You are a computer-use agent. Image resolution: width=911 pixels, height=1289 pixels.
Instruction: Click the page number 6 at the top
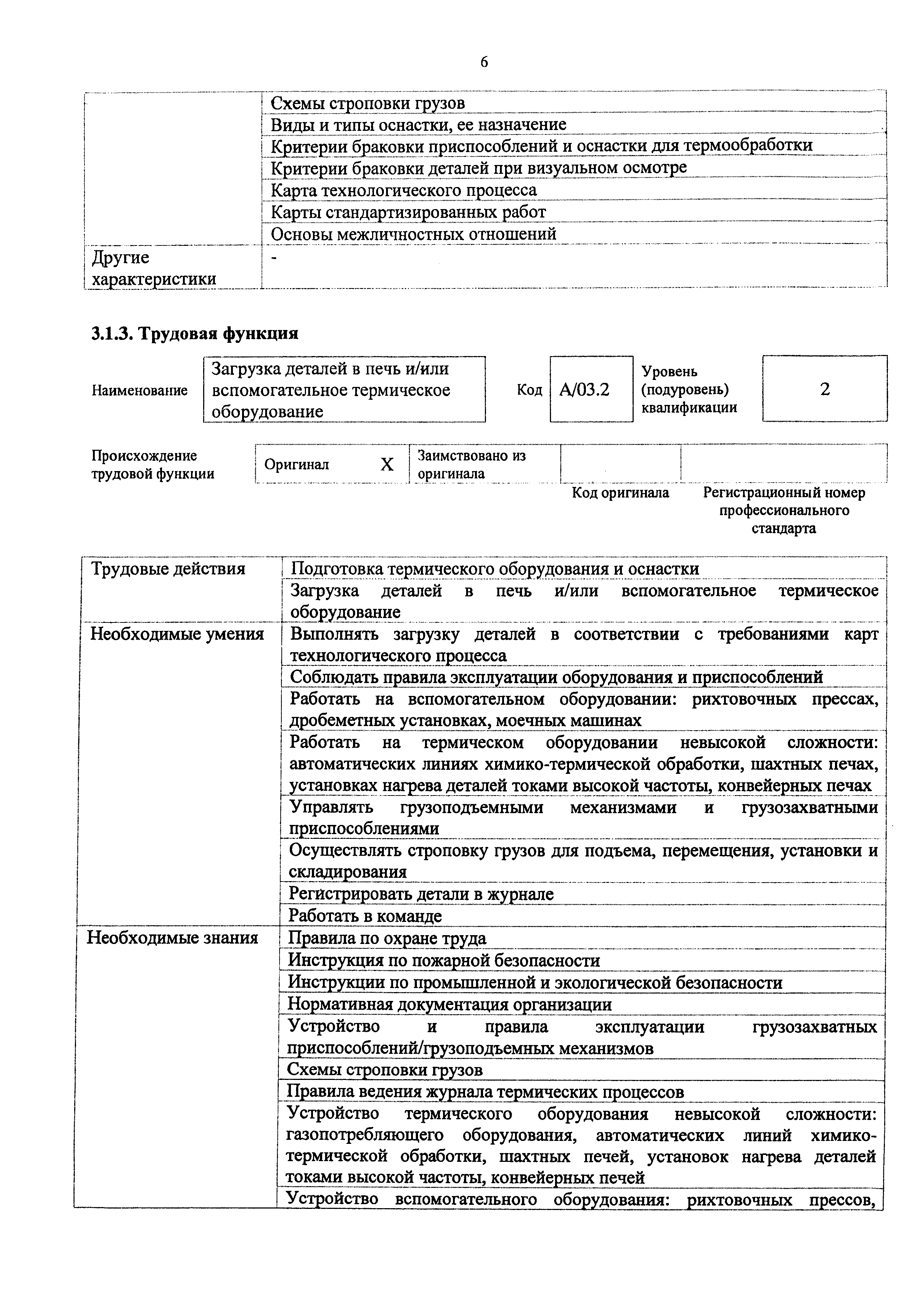[x=484, y=62]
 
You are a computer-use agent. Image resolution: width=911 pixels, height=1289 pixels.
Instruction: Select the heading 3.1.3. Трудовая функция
[x=195, y=334]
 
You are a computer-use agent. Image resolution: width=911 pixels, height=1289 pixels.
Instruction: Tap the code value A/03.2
[x=584, y=389]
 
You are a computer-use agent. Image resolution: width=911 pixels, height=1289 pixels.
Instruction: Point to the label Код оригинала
[x=620, y=493]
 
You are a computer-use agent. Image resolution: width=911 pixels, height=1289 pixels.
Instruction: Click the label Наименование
[x=140, y=390]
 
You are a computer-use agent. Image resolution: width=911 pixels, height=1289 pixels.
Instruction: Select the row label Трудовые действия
[x=168, y=569]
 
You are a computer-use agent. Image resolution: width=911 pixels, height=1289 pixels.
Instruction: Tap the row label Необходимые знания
[x=172, y=938]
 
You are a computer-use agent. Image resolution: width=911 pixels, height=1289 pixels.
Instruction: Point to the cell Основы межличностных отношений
[x=414, y=234]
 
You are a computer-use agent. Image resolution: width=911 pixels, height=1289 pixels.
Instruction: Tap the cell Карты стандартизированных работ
[x=408, y=212]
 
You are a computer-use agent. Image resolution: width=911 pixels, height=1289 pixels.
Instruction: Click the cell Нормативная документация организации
[x=449, y=1004]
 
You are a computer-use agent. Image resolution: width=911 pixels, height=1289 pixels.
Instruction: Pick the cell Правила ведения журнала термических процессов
[x=485, y=1092]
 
